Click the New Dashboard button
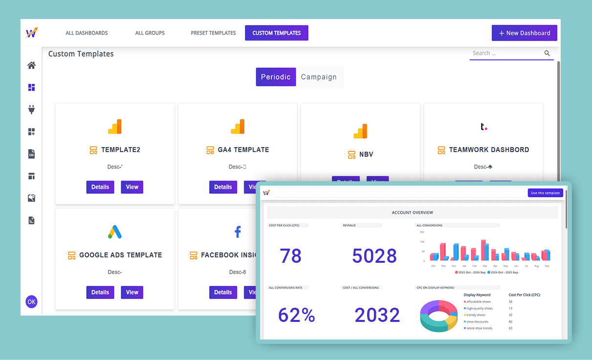tap(524, 33)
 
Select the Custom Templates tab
tap(277, 33)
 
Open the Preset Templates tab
tap(213, 33)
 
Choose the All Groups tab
tap(150, 33)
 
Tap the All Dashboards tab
tap(87, 33)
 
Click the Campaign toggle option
tap(319, 77)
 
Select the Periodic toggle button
tap(276, 77)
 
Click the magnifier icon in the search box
tap(547, 53)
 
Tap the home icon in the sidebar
tap(31, 65)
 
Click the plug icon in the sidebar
tap(31, 109)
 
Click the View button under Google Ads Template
tap(132, 292)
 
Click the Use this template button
tap(545, 193)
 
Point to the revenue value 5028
tap(374, 256)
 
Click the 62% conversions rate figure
tap(296, 316)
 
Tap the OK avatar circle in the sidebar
tap(31, 302)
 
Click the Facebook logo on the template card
tap(238, 232)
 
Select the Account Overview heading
tap(412, 212)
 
